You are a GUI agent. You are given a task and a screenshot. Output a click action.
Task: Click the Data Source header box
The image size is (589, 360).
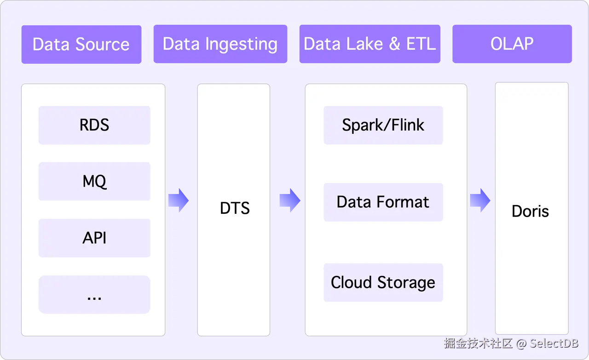pyautogui.click(x=81, y=44)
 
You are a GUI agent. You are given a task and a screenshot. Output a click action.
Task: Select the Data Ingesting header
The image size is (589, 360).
pyautogui.click(x=220, y=44)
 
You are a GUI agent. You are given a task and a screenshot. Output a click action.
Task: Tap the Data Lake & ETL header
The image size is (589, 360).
pyautogui.click(x=370, y=44)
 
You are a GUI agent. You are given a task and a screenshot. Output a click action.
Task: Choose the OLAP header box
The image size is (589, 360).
pyautogui.click(x=512, y=44)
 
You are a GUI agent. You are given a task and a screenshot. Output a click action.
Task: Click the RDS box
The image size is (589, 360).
pyautogui.click(x=94, y=125)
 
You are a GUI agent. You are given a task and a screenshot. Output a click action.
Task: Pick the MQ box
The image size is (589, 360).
pyautogui.click(x=94, y=181)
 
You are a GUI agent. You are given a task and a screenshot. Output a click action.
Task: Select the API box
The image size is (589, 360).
pyautogui.click(x=94, y=238)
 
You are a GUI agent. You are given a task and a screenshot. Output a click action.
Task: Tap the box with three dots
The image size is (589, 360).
pyautogui.click(x=94, y=295)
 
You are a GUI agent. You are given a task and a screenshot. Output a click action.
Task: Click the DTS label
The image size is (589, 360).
pyautogui.click(x=235, y=208)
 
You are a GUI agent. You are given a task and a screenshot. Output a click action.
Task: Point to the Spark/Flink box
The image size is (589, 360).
pyautogui.click(x=383, y=125)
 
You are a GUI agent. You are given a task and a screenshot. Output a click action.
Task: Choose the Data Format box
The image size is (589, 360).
pyautogui.click(x=383, y=202)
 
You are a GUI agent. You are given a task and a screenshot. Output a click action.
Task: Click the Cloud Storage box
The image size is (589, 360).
pyautogui.click(x=383, y=282)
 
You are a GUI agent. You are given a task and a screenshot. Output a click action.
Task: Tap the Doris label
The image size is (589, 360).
pyautogui.click(x=531, y=211)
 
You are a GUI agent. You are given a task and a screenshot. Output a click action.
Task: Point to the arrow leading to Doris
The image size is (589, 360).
pyautogui.click(x=480, y=200)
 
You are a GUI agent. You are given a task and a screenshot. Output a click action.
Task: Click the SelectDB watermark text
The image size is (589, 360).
pyautogui.click(x=554, y=343)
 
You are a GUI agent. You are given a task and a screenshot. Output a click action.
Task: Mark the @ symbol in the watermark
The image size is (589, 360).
pyautogui.click(x=520, y=343)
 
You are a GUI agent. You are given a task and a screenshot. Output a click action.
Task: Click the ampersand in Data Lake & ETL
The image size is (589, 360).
pyautogui.click(x=394, y=44)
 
